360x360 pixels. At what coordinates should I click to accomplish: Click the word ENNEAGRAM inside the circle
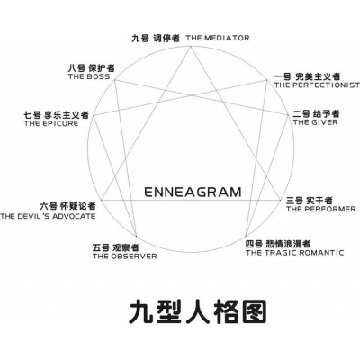pyautogui.click(x=193, y=192)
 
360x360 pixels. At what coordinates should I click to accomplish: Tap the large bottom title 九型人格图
pyautogui.click(x=198, y=311)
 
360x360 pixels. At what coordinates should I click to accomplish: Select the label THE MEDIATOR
pyautogui.click(x=218, y=38)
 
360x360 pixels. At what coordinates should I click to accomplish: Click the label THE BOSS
pyautogui.click(x=89, y=76)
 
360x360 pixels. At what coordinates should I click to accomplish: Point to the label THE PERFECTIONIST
pyautogui.click(x=317, y=85)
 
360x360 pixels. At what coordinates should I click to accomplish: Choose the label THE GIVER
pyautogui.click(x=316, y=122)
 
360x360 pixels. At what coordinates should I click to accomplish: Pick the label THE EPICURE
pyautogui.click(x=51, y=123)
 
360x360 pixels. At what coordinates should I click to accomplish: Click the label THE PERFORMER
pyautogui.click(x=320, y=209)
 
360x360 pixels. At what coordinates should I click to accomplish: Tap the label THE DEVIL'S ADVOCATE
pyautogui.click(x=48, y=216)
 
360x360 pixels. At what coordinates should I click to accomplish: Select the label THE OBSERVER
pyautogui.click(x=125, y=256)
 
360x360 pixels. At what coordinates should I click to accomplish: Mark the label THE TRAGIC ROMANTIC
pyautogui.click(x=295, y=253)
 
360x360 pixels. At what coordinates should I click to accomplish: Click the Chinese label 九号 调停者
pyautogui.click(x=156, y=39)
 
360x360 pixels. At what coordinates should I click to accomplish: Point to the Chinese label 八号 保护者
pyautogui.click(x=92, y=68)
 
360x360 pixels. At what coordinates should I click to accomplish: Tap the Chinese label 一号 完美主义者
pyautogui.click(x=307, y=76)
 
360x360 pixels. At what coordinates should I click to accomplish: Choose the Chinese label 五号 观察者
pyautogui.click(x=116, y=247)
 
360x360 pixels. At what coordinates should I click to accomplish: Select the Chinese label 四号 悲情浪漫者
pyautogui.click(x=278, y=244)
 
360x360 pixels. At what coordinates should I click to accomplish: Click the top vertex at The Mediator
pyautogui.click(x=191, y=46)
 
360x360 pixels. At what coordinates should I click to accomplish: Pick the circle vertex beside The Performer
pyautogui.click(x=280, y=201)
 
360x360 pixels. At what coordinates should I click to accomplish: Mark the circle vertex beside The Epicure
pyautogui.click(x=94, y=115)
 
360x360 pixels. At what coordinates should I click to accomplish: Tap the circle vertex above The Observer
pyautogui.click(x=136, y=237)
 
